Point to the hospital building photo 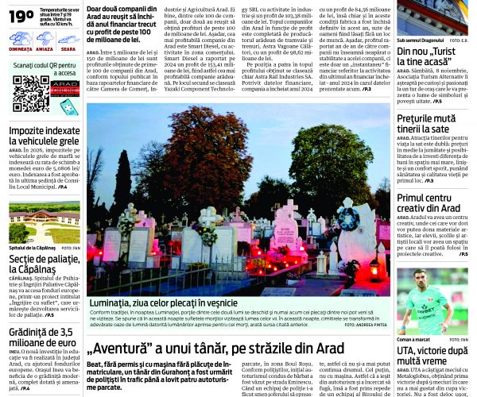pos(44,222)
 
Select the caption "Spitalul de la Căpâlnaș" pos(33,248)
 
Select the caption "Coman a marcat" pos(413,339)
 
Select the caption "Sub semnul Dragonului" pos(418,39)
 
